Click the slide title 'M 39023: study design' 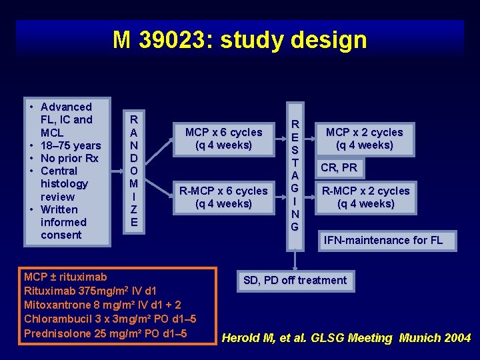point(240,40)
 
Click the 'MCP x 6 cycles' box point(223,139)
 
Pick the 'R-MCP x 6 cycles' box point(223,197)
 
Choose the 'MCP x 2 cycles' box point(364,139)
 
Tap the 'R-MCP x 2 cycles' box point(365,197)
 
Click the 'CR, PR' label point(339,167)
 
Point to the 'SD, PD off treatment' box point(295,280)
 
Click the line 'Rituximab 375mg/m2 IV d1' point(90,291)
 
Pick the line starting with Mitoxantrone point(101,305)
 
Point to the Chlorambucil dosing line point(109,319)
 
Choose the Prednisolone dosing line point(105,333)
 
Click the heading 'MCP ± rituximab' point(65,276)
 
